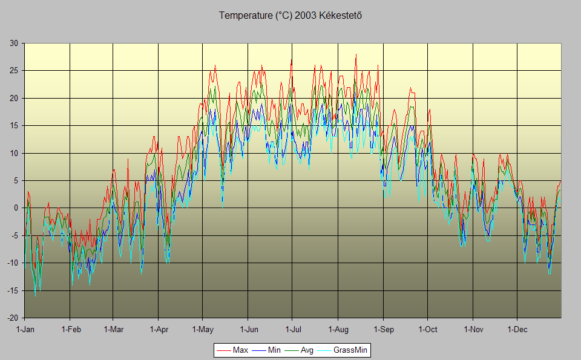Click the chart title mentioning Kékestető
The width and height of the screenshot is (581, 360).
290,15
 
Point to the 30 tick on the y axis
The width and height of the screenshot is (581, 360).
13,43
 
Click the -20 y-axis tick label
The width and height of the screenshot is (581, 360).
12,318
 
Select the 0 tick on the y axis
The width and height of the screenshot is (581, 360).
16,208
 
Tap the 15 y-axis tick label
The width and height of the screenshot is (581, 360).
13,126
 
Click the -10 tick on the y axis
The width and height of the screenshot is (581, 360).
12,263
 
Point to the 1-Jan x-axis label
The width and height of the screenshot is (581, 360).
25,330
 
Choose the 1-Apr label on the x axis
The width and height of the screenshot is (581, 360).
159,330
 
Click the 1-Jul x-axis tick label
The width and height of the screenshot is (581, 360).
292,330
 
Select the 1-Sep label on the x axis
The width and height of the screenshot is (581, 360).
383,330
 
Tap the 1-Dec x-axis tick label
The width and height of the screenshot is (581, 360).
517,330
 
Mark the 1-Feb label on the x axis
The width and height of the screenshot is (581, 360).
71,330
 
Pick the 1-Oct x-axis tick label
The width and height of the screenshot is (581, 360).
427,330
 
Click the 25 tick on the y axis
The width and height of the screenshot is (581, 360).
13,71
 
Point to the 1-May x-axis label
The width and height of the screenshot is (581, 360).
203,330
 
